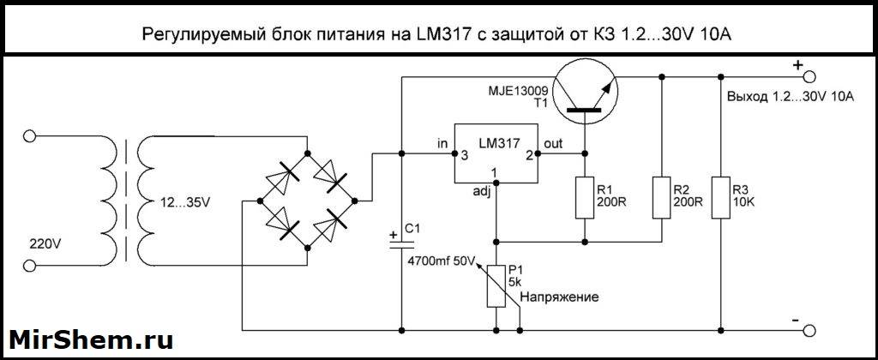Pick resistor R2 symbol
point(663,197)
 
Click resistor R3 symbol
point(719,197)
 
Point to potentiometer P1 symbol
point(496,286)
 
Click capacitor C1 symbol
point(401,243)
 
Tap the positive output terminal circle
point(806,75)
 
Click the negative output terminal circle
point(806,329)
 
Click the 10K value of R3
point(743,203)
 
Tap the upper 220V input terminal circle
point(31,135)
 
